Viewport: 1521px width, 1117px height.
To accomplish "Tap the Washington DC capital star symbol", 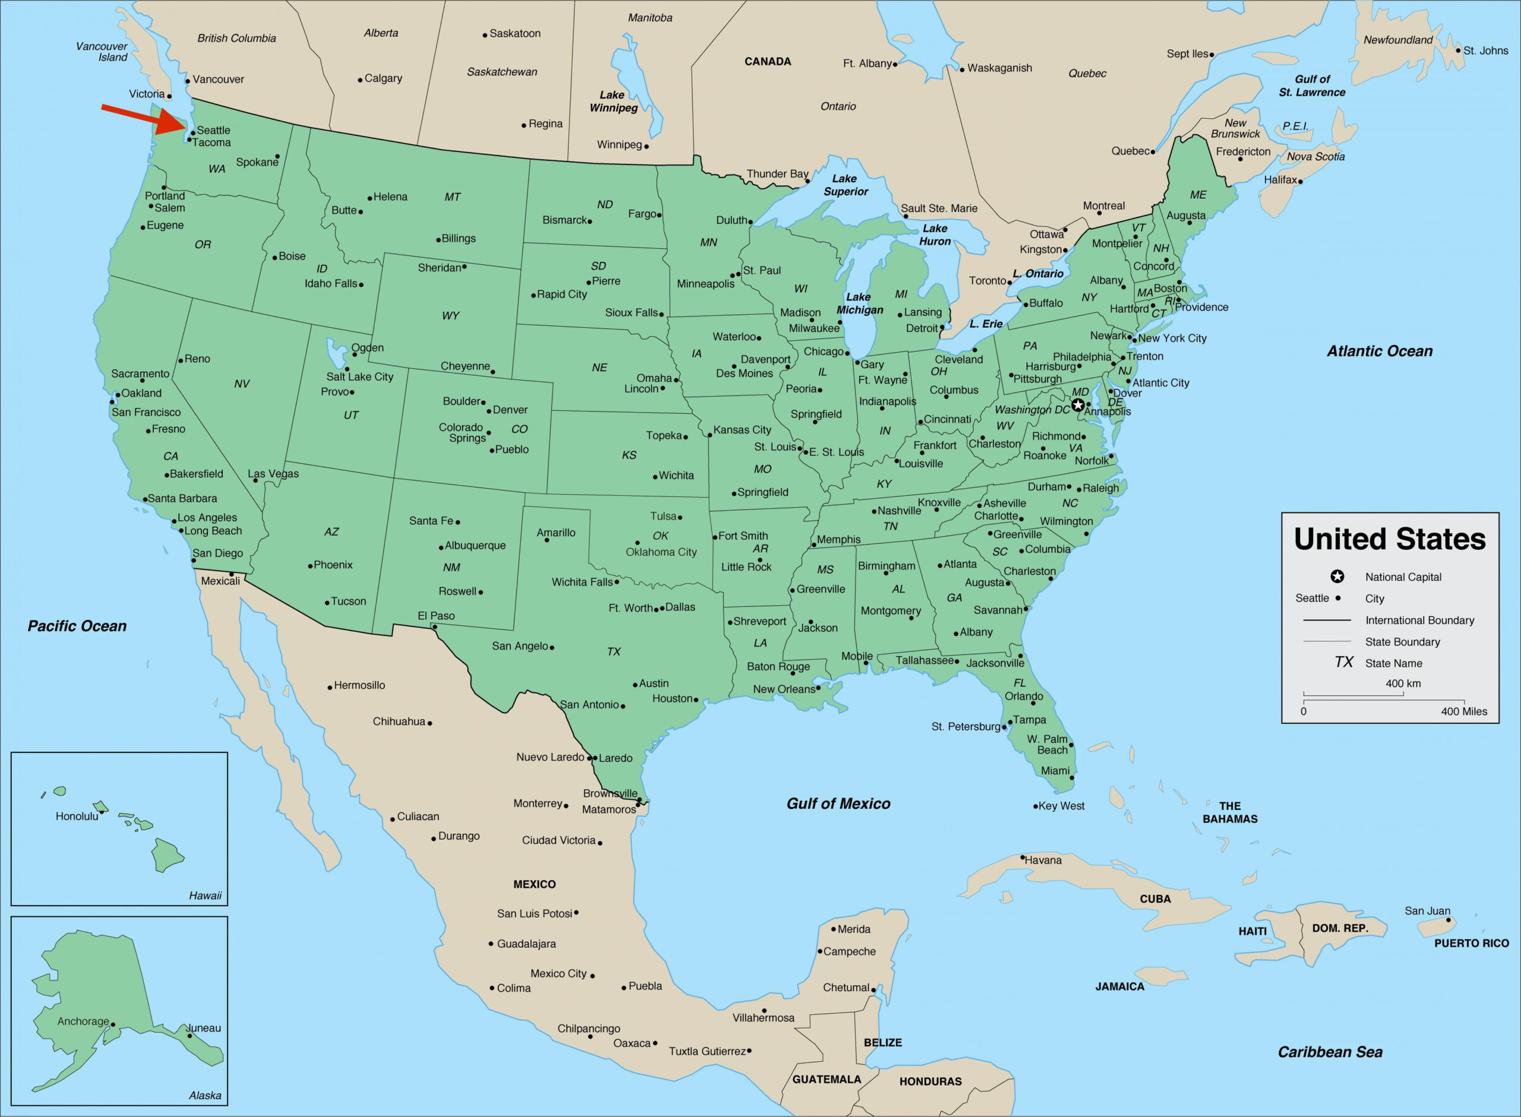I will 1078,406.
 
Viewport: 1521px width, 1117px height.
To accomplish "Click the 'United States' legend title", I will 1389,539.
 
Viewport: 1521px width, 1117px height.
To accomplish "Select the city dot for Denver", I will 489,411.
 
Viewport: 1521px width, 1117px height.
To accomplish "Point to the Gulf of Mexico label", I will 838,803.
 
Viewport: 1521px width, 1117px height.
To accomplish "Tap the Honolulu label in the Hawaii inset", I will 77,816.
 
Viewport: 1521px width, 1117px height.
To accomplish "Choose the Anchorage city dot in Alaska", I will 113,1024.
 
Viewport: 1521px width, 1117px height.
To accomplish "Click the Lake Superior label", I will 845,185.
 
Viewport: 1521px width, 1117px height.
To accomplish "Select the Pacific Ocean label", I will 77,626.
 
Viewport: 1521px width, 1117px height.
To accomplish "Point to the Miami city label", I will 1055,771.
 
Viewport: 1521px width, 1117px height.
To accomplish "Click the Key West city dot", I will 1036,806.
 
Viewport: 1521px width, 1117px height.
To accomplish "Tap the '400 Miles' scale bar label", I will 1463,711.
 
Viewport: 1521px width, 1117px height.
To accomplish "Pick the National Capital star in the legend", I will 1337,577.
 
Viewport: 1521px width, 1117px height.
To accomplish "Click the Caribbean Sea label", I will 1330,1052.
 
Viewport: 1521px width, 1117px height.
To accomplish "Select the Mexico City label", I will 558,974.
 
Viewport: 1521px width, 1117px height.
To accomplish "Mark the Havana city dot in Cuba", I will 1023,857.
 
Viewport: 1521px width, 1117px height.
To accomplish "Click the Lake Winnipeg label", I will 613,102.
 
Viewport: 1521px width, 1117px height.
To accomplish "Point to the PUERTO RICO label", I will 1472,943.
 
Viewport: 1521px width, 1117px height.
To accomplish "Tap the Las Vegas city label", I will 273,474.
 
